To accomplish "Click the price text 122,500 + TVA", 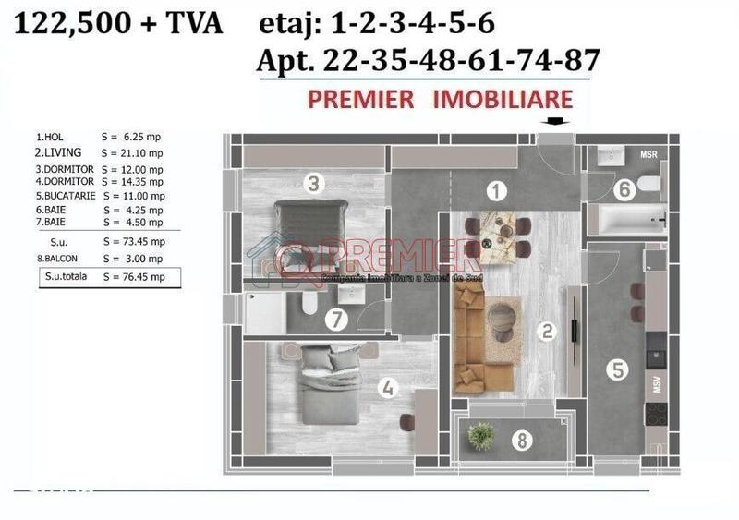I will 117,23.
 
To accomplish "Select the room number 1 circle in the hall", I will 497,191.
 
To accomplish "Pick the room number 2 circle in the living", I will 547,332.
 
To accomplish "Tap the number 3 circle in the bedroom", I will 314,184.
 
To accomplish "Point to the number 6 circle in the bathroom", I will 624,190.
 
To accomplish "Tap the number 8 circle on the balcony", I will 523,441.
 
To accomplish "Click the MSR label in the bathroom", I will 648,154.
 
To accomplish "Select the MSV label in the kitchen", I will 658,385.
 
